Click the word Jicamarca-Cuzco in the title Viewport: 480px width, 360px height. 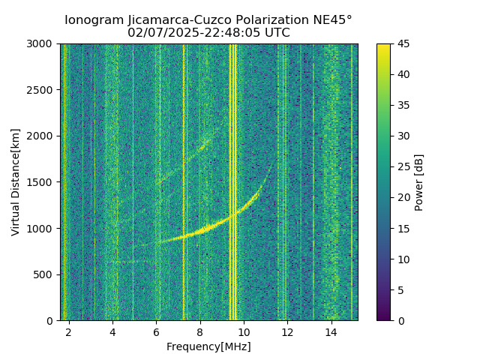(165, 20)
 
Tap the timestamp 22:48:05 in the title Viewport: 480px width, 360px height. (235, 33)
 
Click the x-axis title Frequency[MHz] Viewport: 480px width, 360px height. (208, 346)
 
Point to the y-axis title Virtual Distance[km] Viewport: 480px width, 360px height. (16, 182)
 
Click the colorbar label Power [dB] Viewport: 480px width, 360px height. (419, 182)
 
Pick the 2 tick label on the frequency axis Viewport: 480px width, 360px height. (69, 331)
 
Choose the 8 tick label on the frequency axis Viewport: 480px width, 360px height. (199, 331)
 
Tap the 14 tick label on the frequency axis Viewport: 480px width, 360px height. (331, 331)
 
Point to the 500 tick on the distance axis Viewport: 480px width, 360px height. (45, 274)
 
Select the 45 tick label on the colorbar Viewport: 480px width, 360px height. (402, 44)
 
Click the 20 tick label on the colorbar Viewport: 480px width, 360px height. (402, 197)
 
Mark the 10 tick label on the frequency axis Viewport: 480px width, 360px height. (243, 331)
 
